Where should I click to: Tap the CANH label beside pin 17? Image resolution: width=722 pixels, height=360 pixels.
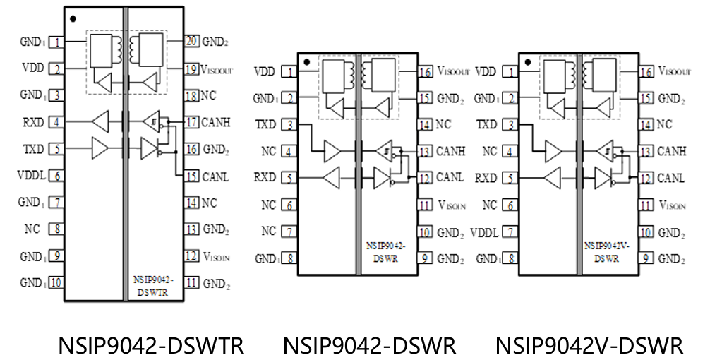tap(217, 123)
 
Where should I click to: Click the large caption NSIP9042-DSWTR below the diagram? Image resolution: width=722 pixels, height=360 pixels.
tap(151, 345)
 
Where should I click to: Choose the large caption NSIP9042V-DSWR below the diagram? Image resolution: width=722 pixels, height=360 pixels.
tap(589, 345)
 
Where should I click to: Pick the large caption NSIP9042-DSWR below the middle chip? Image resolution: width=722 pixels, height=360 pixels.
tap(370, 345)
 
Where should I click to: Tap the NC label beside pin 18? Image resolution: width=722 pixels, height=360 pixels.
tap(210, 95)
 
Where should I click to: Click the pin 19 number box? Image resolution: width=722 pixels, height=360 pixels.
tap(191, 69)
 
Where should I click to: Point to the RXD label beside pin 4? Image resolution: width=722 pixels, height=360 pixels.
tap(34, 121)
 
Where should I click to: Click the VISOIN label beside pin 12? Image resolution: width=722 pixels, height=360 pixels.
tap(217, 256)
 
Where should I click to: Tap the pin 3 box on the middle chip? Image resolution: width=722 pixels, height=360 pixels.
tap(289, 125)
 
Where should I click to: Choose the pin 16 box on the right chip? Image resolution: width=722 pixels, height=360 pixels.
tap(645, 71)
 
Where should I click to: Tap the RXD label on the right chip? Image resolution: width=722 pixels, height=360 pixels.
tap(486, 178)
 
